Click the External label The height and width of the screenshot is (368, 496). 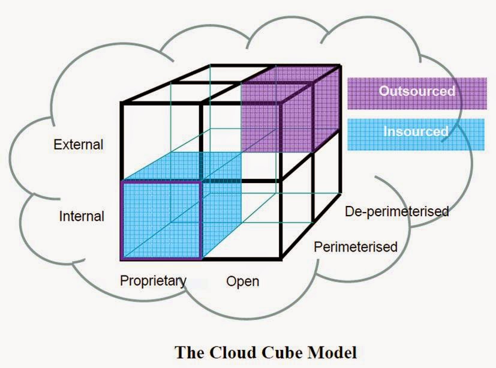tap(78, 145)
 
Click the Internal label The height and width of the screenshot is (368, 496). tap(82, 216)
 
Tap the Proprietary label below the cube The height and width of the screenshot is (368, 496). tap(153, 280)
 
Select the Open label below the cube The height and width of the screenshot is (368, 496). tap(242, 281)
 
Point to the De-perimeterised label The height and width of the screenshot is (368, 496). tap(397, 211)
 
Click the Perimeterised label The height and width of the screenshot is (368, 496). tap(356, 246)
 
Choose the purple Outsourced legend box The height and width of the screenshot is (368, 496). tap(416, 92)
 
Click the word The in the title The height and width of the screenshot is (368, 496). tap(188, 351)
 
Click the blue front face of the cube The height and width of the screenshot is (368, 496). tap(161, 220)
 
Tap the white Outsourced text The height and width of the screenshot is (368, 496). tap(416, 91)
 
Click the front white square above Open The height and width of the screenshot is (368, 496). tap(241, 142)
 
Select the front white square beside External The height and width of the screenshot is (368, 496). tap(161, 142)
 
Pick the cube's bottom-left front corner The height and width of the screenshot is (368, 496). tap(122, 259)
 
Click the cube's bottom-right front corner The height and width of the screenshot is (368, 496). tap(280, 259)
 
